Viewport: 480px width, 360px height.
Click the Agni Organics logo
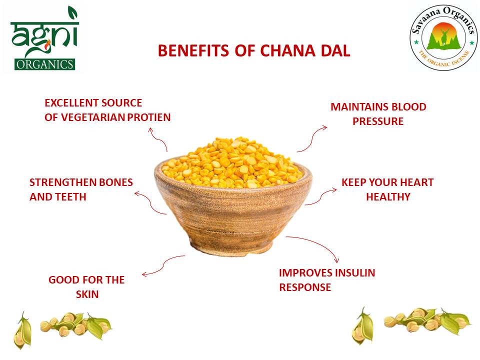click(x=43, y=39)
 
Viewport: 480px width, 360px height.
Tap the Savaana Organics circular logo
click(x=442, y=39)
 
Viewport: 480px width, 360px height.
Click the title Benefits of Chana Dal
click(x=254, y=51)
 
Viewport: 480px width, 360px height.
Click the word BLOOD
click(x=409, y=107)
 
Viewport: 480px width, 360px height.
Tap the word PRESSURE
click(x=378, y=121)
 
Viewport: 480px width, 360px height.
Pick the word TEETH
click(x=73, y=197)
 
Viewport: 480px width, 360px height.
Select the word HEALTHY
click(x=388, y=197)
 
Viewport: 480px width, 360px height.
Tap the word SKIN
click(x=87, y=294)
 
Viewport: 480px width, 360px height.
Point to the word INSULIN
click(x=354, y=273)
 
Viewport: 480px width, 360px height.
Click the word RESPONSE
click(x=305, y=287)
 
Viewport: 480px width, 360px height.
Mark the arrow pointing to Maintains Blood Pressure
click(x=312, y=138)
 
